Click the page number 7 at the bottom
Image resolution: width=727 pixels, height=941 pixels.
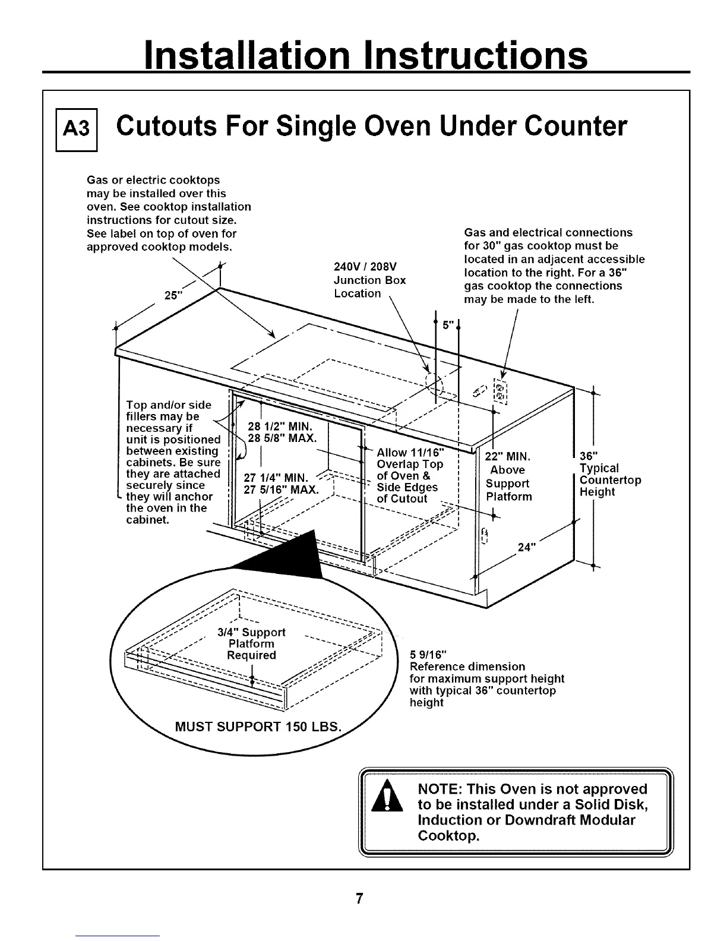click(359, 898)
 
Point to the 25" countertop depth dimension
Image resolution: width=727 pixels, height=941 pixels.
click(172, 295)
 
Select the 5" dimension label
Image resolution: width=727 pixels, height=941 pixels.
click(448, 325)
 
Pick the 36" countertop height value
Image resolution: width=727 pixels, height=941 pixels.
click(588, 456)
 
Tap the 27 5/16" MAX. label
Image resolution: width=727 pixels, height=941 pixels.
click(282, 490)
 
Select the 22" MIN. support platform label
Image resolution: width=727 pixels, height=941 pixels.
click(507, 456)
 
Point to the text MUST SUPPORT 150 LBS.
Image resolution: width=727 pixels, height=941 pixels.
click(258, 727)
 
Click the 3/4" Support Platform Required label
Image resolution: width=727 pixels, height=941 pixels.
click(251, 643)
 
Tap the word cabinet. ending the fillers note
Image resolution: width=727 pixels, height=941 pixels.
click(148, 520)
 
